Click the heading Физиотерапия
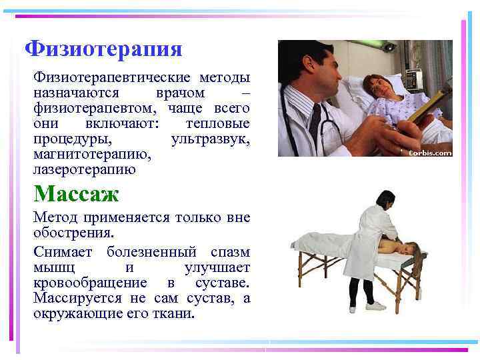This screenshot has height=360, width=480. click(x=103, y=49)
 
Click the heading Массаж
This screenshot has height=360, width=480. click(x=76, y=194)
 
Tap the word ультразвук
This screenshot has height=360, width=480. click(x=210, y=139)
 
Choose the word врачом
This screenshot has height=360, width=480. click(x=179, y=93)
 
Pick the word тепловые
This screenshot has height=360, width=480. click(x=217, y=124)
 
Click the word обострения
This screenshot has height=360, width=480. click(x=73, y=233)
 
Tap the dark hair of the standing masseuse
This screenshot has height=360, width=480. click(x=386, y=201)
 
